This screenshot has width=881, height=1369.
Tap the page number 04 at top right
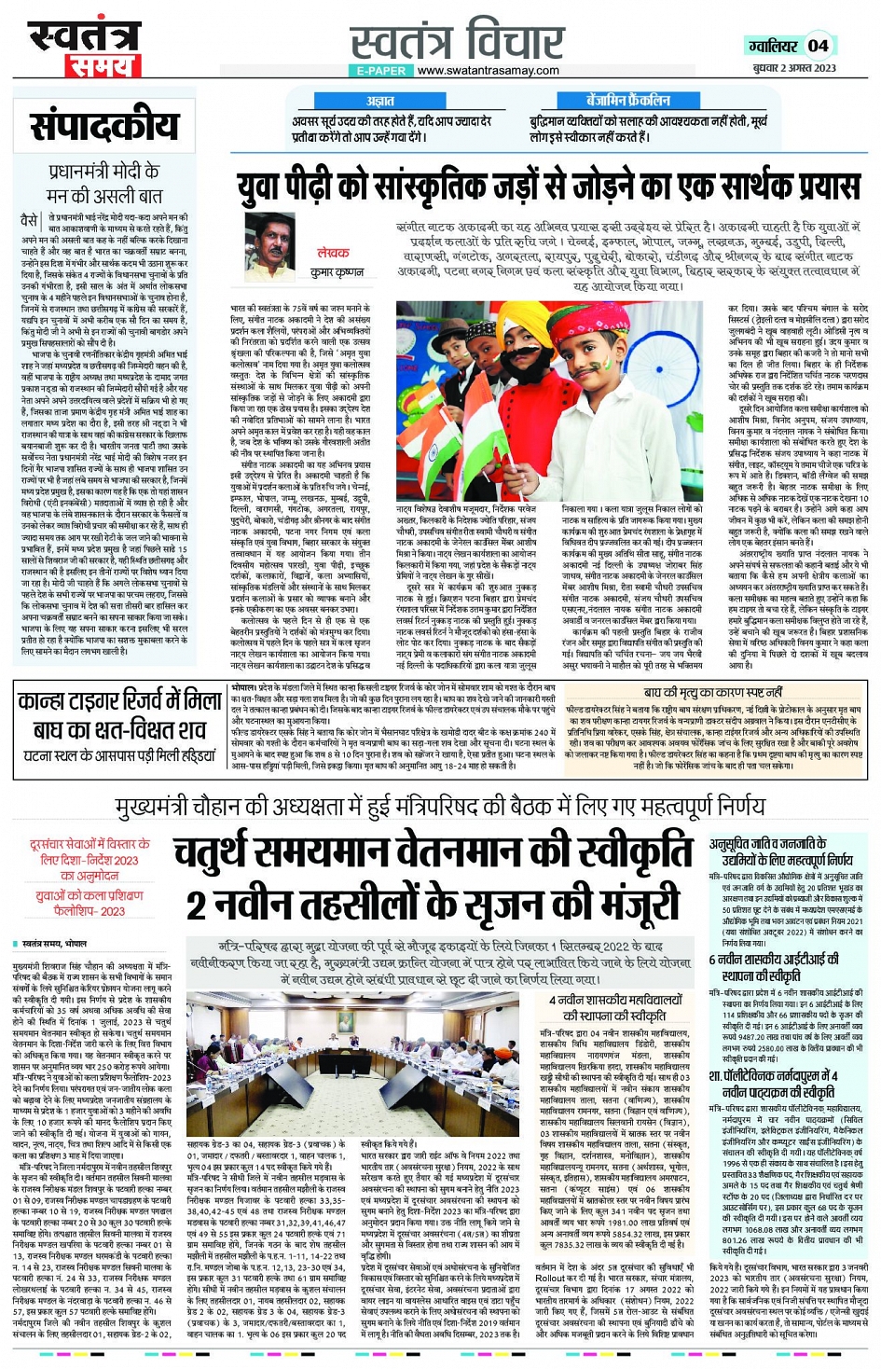(x=818, y=46)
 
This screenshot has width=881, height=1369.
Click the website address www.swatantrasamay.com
(x=489, y=71)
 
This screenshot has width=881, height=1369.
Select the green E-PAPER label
(x=381, y=71)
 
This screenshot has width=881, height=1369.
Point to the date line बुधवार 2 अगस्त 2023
(x=794, y=68)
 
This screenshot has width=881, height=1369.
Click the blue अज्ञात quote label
(x=380, y=101)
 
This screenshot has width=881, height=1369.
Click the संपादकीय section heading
(x=103, y=127)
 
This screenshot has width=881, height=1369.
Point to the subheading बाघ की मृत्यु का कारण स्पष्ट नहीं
(x=713, y=692)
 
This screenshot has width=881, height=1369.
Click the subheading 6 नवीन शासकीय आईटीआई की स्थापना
(x=773, y=967)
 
